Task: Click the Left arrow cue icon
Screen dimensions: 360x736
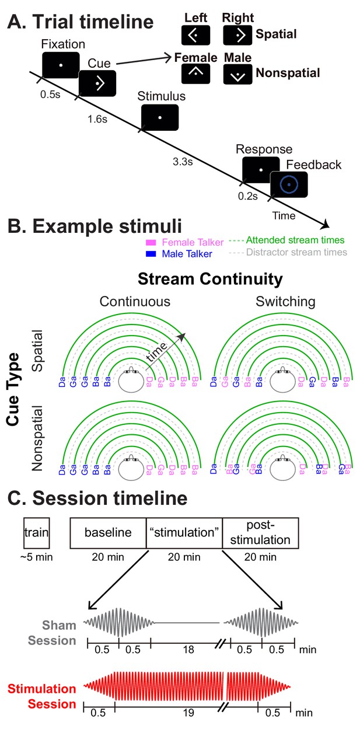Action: click(x=195, y=35)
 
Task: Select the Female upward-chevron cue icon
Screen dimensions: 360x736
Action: click(x=195, y=74)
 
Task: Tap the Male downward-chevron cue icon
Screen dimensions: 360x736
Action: click(x=237, y=74)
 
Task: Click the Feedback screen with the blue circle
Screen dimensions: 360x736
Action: click(x=289, y=184)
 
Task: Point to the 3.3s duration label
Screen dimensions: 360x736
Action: click(x=183, y=162)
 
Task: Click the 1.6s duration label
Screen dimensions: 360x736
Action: click(x=97, y=119)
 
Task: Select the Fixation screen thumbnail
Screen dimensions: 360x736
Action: click(x=61, y=65)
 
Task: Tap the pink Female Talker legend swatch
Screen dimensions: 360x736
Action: click(x=151, y=243)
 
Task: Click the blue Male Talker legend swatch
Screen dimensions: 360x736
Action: click(x=151, y=254)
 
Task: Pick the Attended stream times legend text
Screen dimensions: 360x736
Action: click(x=295, y=240)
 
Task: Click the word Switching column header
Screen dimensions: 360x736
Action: click(x=285, y=302)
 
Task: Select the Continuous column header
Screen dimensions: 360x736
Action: click(x=135, y=302)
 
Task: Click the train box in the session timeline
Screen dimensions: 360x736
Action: click(x=36, y=533)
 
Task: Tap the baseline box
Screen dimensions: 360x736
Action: click(x=108, y=533)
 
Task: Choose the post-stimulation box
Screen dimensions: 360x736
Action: click(x=260, y=533)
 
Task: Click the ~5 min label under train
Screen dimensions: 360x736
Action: click(x=36, y=557)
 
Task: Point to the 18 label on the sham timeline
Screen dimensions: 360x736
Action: click(x=188, y=650)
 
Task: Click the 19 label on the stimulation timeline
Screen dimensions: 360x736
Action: click(x=188, y=713)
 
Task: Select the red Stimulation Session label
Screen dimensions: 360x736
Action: click(x=41, y=696)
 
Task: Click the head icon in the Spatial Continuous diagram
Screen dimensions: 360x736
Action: click(x=131, y=379)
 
